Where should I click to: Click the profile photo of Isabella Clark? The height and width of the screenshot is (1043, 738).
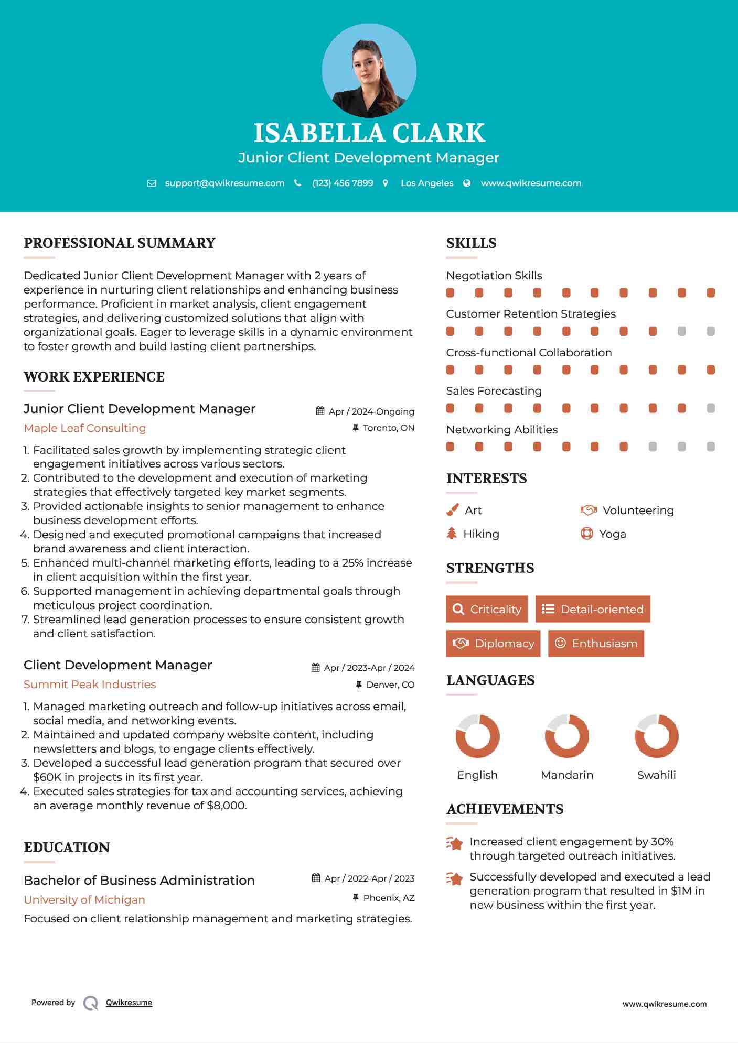(369, 70)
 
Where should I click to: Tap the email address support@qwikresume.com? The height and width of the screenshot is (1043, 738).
(224, 183)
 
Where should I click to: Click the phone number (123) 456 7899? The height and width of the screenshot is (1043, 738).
(343, 183)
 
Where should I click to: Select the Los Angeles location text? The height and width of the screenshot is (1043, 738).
(426, 183)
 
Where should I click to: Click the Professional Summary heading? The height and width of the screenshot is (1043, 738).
(120, 243)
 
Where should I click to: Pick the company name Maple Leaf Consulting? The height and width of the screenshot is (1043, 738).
(85, 428)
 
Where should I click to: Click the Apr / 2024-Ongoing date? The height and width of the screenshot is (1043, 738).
(371, 411)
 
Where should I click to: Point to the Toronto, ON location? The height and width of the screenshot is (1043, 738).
(388, 428)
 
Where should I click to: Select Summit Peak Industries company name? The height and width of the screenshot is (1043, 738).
(90, 685)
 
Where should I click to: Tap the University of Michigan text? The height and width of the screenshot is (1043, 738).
(84, 900)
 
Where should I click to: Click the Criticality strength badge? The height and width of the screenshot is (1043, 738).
(487, 609)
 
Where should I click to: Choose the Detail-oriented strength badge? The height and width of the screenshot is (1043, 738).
(593, 609)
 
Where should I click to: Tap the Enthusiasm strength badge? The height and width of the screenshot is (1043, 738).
(596, 643)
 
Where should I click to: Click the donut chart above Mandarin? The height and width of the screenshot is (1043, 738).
(566, 736)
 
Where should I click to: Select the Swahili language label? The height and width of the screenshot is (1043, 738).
(656, 775)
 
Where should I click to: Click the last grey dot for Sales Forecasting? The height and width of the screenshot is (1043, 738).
(711, 408)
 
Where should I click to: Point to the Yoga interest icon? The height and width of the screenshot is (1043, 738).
(586, 534)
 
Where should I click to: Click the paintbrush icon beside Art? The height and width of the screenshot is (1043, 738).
(452, 510)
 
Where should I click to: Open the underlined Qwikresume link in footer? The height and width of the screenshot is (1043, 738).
(129, 1003)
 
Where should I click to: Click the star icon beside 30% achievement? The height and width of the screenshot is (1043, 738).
(455, 844)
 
